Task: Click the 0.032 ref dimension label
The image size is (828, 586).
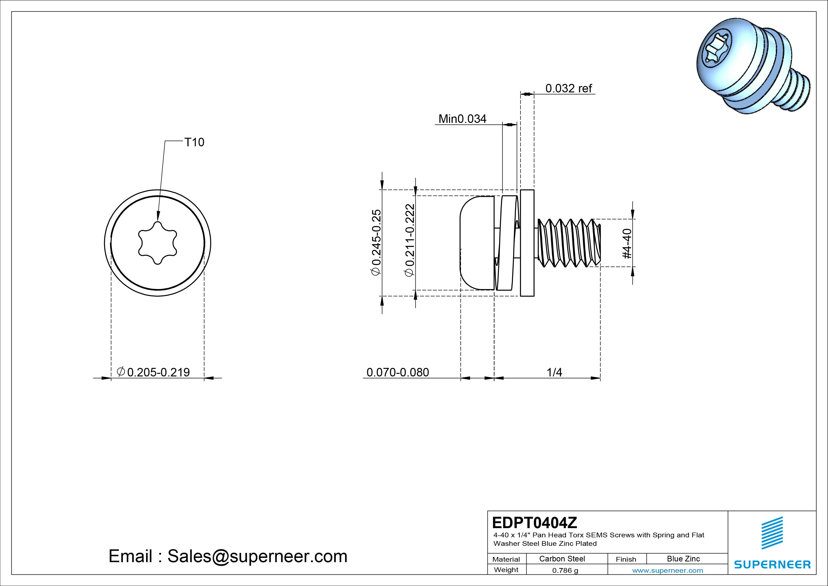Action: point(568,88)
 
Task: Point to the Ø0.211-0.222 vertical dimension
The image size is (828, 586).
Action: point(410,241)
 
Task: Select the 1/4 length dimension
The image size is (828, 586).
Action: point(554,372)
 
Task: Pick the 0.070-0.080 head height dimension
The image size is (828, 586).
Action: point(397,372)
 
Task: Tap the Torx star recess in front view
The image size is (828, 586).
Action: point(158,243)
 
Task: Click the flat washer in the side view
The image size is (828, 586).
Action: point(527,243)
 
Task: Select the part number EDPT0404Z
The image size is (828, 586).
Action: point(534,522)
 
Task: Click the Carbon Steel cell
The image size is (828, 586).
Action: point(562,559)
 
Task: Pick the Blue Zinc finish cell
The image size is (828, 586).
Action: point(683,559)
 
